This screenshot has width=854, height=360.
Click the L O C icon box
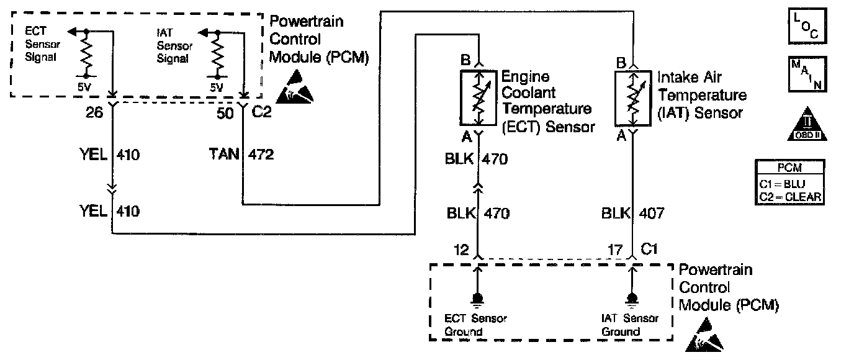coord(806,27)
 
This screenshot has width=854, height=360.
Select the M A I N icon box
coord(806,74)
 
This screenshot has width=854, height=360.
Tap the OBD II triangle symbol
coord(807,123)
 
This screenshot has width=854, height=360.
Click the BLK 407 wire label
coord(632,214)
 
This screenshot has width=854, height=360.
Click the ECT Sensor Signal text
coord(40,43)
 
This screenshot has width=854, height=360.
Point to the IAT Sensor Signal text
coord(174,43)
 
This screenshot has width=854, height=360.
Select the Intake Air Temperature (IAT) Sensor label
coord(701,96)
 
